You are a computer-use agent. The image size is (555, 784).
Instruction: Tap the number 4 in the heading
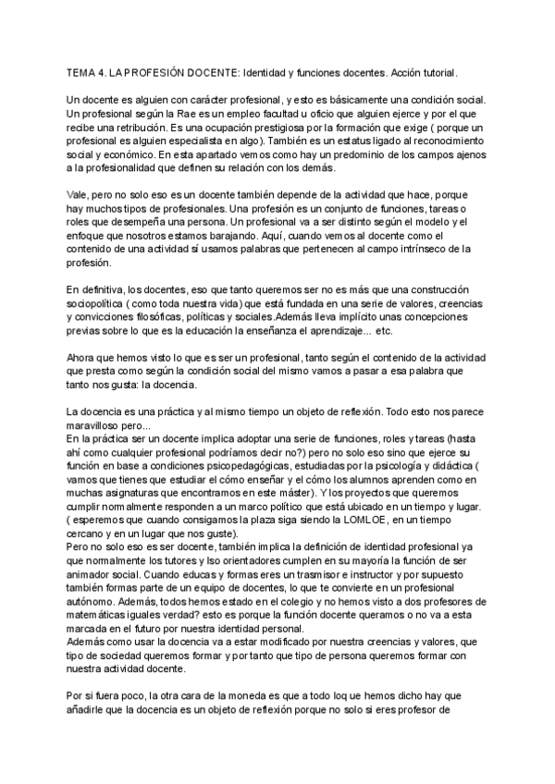tap(104, 71)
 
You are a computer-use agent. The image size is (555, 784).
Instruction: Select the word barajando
tap(249, 237)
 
